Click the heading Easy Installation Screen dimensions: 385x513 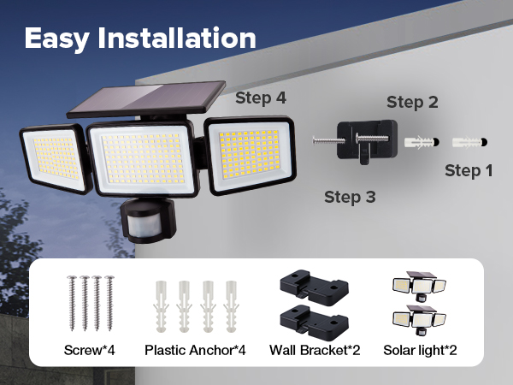pos(140,38)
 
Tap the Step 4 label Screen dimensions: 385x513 pos(260,98)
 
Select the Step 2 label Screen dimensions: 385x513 pos(412,103)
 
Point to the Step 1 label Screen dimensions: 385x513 pos(469,170)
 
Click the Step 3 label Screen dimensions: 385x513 pos(350,198)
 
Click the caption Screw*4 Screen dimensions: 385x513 pos(89,350)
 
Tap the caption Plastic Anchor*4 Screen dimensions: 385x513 pos(195,350)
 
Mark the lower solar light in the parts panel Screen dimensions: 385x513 pos(419,317)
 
